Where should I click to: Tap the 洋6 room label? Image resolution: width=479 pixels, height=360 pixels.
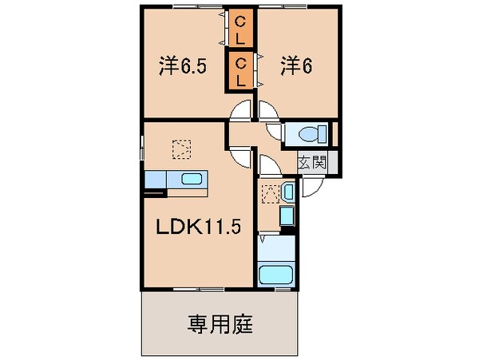(x=295, y=66)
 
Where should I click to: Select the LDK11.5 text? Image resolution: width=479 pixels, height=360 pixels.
(x=197, y=226)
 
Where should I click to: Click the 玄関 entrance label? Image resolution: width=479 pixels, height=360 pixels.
(x=313, y=163)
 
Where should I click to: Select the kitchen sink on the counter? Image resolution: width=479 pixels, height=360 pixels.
(x=192, y=179)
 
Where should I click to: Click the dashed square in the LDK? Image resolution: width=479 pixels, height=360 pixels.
(x=183, y=148)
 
